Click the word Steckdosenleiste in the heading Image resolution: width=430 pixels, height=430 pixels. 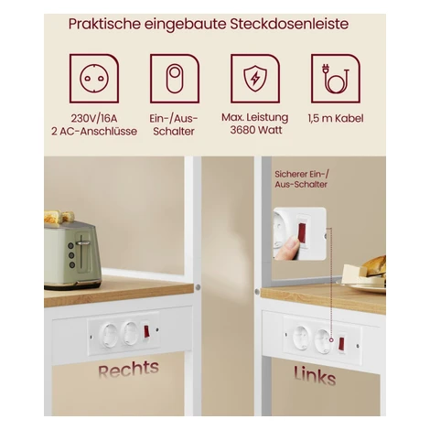pyautogui.click(x=289, y=24)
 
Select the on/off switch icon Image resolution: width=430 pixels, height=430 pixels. pyautogui.click(x=175, y=79)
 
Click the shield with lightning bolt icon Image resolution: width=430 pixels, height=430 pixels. pyautogui.click(x=255, y=79)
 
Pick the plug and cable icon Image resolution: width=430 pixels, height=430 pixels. pyautogui.click(x=336, y=79)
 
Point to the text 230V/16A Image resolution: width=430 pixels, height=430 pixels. pyautogui.click(x=94, y=118)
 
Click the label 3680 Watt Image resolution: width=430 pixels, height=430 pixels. pyautogui.click(x=256, y=130)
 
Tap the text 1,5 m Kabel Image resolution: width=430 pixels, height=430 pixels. pyautogui.click(x=336, y=118)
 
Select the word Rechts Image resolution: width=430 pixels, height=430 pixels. pyautogui.click(x=128, y=369)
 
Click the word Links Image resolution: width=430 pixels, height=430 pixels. pyautogui.click(x=315, y=376)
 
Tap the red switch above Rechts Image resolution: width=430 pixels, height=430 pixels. pyautogui.click(x=146, y=331)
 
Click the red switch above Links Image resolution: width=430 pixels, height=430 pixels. pyautogui.click(x=341, y=344)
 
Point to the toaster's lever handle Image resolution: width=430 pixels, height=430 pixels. pyautogui.click(x=83, y=243)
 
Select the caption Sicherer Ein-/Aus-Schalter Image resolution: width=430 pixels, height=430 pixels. pyautogui.click(x=301, y=179)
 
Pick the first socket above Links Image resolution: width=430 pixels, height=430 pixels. pyautogui.click(x=301, y=338)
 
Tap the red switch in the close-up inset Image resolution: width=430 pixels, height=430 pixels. pyautogui.click(x=302, y=232)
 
